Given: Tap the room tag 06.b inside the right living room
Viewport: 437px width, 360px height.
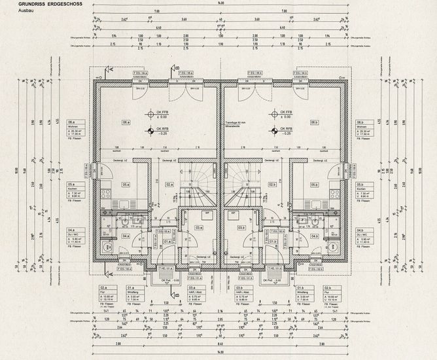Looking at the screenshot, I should (314, 122).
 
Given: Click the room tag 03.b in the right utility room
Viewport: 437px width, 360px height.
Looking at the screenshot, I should (241, 227).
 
